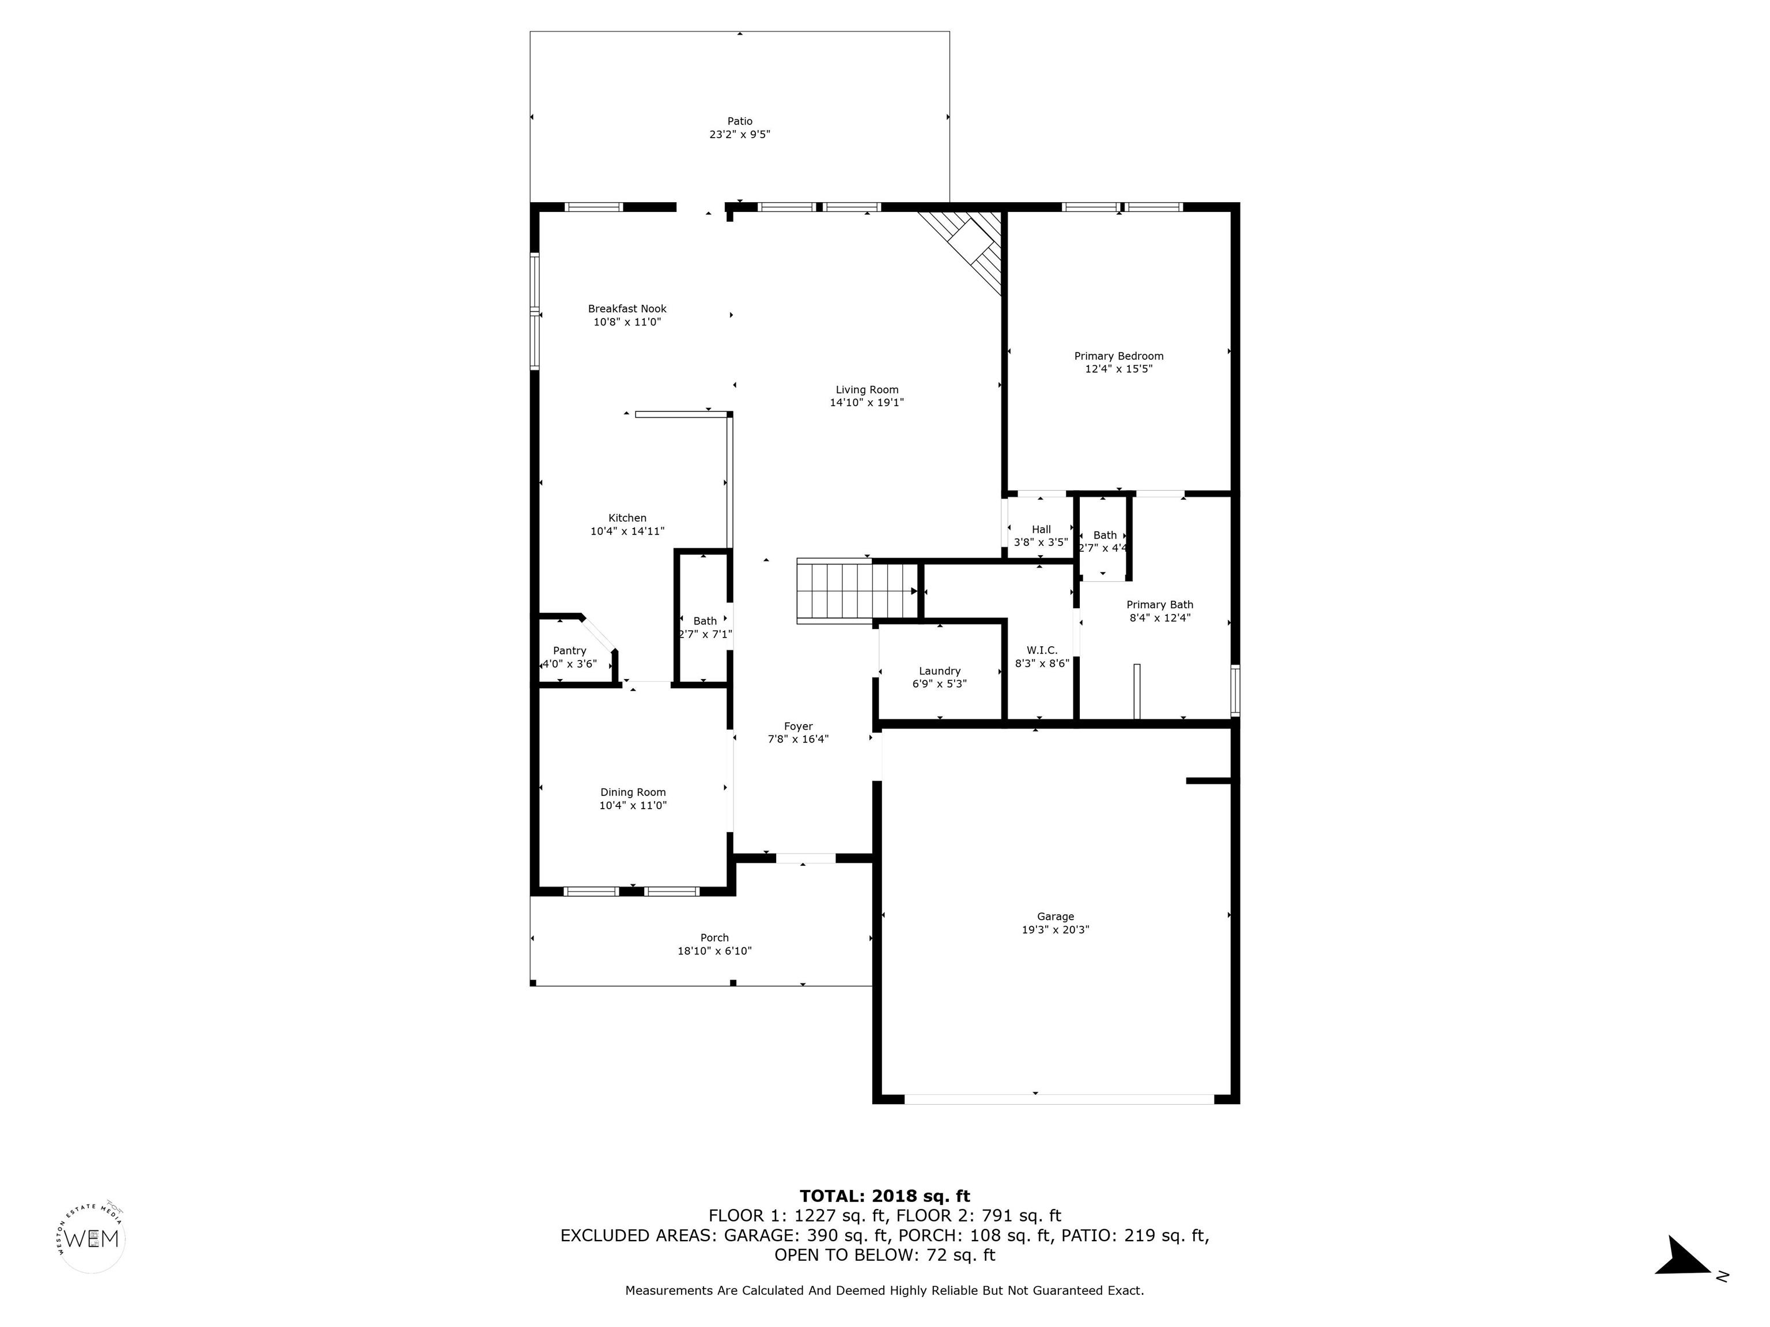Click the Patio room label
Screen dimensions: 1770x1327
pos(739,122)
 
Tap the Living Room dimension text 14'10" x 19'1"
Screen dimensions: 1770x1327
pos(867,403)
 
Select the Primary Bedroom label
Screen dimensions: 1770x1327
pos(1119,356)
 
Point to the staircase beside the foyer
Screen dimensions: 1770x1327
pos(857,591)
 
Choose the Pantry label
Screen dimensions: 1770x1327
pos(570,651)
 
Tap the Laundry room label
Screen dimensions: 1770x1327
pos(939,671)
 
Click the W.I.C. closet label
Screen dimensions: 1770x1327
pos(1042,650)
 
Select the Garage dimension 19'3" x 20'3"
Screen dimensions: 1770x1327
pos(1056,930)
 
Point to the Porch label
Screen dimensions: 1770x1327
pos(714,938)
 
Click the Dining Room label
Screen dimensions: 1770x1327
pos(633,793)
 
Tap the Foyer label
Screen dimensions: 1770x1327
pos(799,726)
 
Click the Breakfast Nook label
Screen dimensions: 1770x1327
pos(627,309)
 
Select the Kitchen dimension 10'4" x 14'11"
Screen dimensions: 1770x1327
pos(627,531)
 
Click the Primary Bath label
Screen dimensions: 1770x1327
pos(1159,605)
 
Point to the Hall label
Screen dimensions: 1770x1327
pos(1041,529)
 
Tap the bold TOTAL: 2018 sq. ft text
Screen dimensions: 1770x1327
pos(885,1196)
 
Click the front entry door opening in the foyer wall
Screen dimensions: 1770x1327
pos(806,858)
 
